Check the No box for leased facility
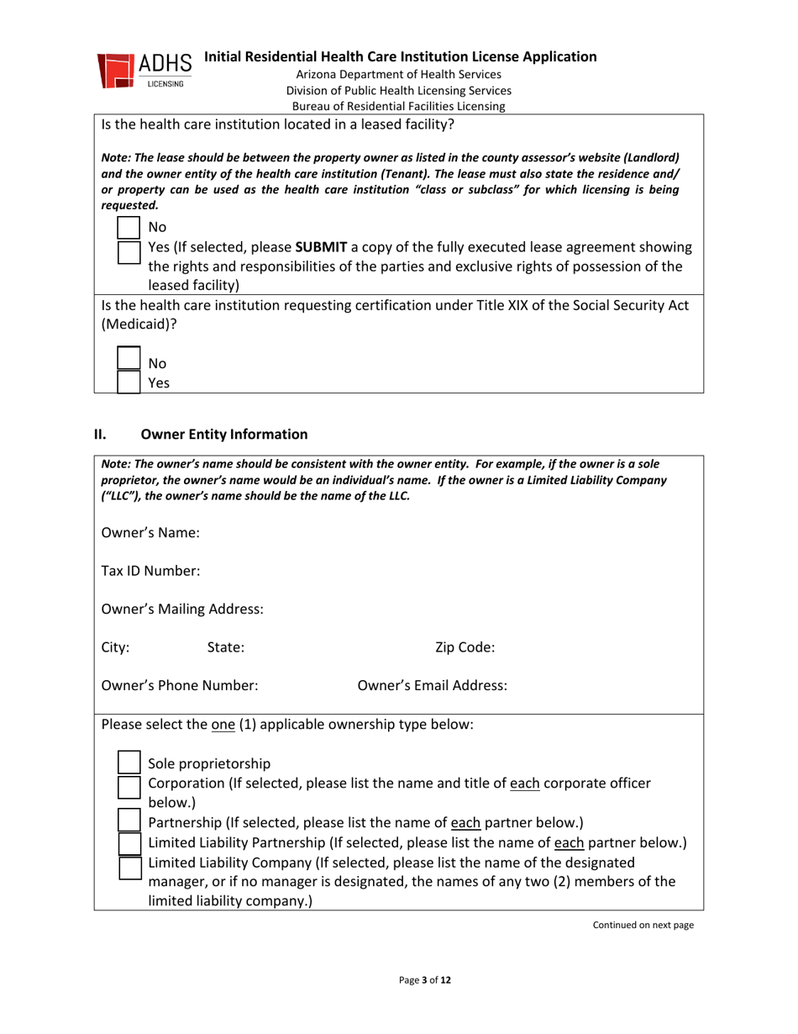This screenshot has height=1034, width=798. [129, 227]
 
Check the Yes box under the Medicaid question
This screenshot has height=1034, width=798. [129, 382]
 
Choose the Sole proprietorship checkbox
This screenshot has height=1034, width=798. [129, 762]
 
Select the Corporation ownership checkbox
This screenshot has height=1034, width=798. [129, 787]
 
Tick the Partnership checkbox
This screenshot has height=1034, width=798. [129, 820]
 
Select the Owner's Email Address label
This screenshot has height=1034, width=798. [432, 685]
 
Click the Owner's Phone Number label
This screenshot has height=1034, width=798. [179, 685]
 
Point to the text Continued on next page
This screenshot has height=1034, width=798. [644, 926]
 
